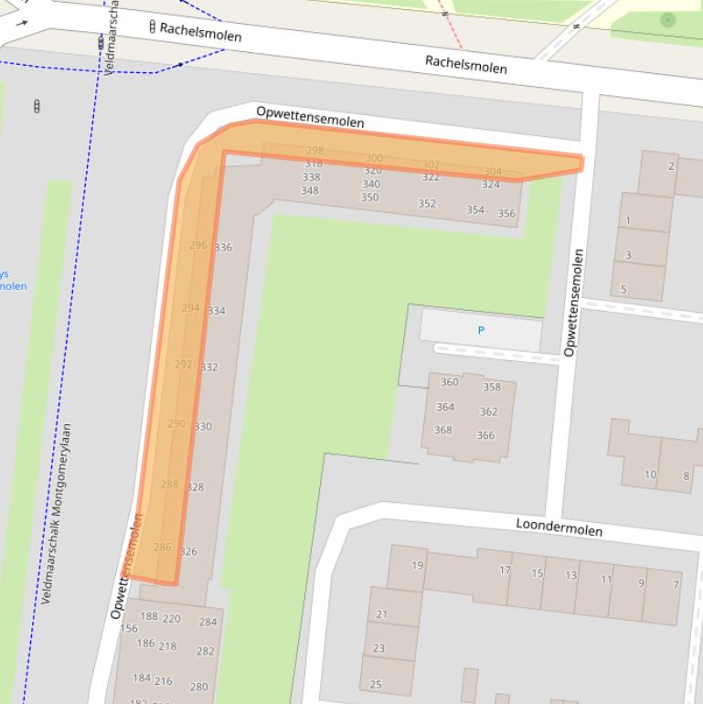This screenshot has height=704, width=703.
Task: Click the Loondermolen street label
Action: click(x=559, y=527)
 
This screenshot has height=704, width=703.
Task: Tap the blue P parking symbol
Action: click(x=481, y=330)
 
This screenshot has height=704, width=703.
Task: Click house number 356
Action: click(x=506, y=213)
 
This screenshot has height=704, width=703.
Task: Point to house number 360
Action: click(x=449, y=382)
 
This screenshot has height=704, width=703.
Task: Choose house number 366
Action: click(x=485, y=435)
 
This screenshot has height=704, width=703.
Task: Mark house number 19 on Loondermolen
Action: click(x=417, y=565)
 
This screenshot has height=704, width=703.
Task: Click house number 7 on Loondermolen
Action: click(x=676, y=584)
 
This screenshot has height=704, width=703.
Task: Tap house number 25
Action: click(x=376, y=684)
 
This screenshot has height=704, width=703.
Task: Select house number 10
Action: click(x=650, y=475)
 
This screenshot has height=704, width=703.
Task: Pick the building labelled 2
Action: click(x=671, y=165)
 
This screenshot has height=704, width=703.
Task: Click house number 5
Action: click(x=624, y=289)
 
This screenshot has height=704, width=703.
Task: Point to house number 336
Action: click(x=223, y=247)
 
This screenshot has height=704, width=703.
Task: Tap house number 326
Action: click(x=188, y=551)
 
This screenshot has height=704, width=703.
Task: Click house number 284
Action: click(x=208, y=622)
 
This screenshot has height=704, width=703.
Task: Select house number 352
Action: click(x=427, y=203)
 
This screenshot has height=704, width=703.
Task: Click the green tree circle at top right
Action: click(x=668, y=18)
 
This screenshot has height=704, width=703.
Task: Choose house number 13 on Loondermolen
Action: click(x=570, y=575)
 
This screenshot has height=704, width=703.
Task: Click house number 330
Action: click(x=203, y=426)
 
